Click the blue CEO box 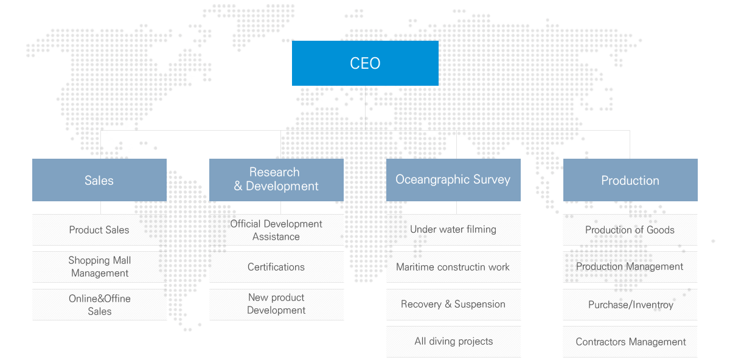tap(365, 63)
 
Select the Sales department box tap(99, 180)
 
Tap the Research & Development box tap(276, 180)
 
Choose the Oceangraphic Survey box tap(453, 180)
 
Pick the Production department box tap(630, 180)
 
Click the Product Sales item tap(99, 230)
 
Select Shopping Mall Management tap(99, 267)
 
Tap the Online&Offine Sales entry tap(99, 305)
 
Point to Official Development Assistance tap(276, 230)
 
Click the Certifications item tap(276, 267)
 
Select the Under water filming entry tap(453, 230)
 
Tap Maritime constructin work tap(453, 267)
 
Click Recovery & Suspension tap(453, 305)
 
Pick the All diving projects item tap(453, 342)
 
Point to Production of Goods tap(630, 230)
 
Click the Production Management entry tap(630, 267)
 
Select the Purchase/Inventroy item tap(630, 305)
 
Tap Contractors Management tap(630, 342)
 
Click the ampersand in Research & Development tap(238, 186)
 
